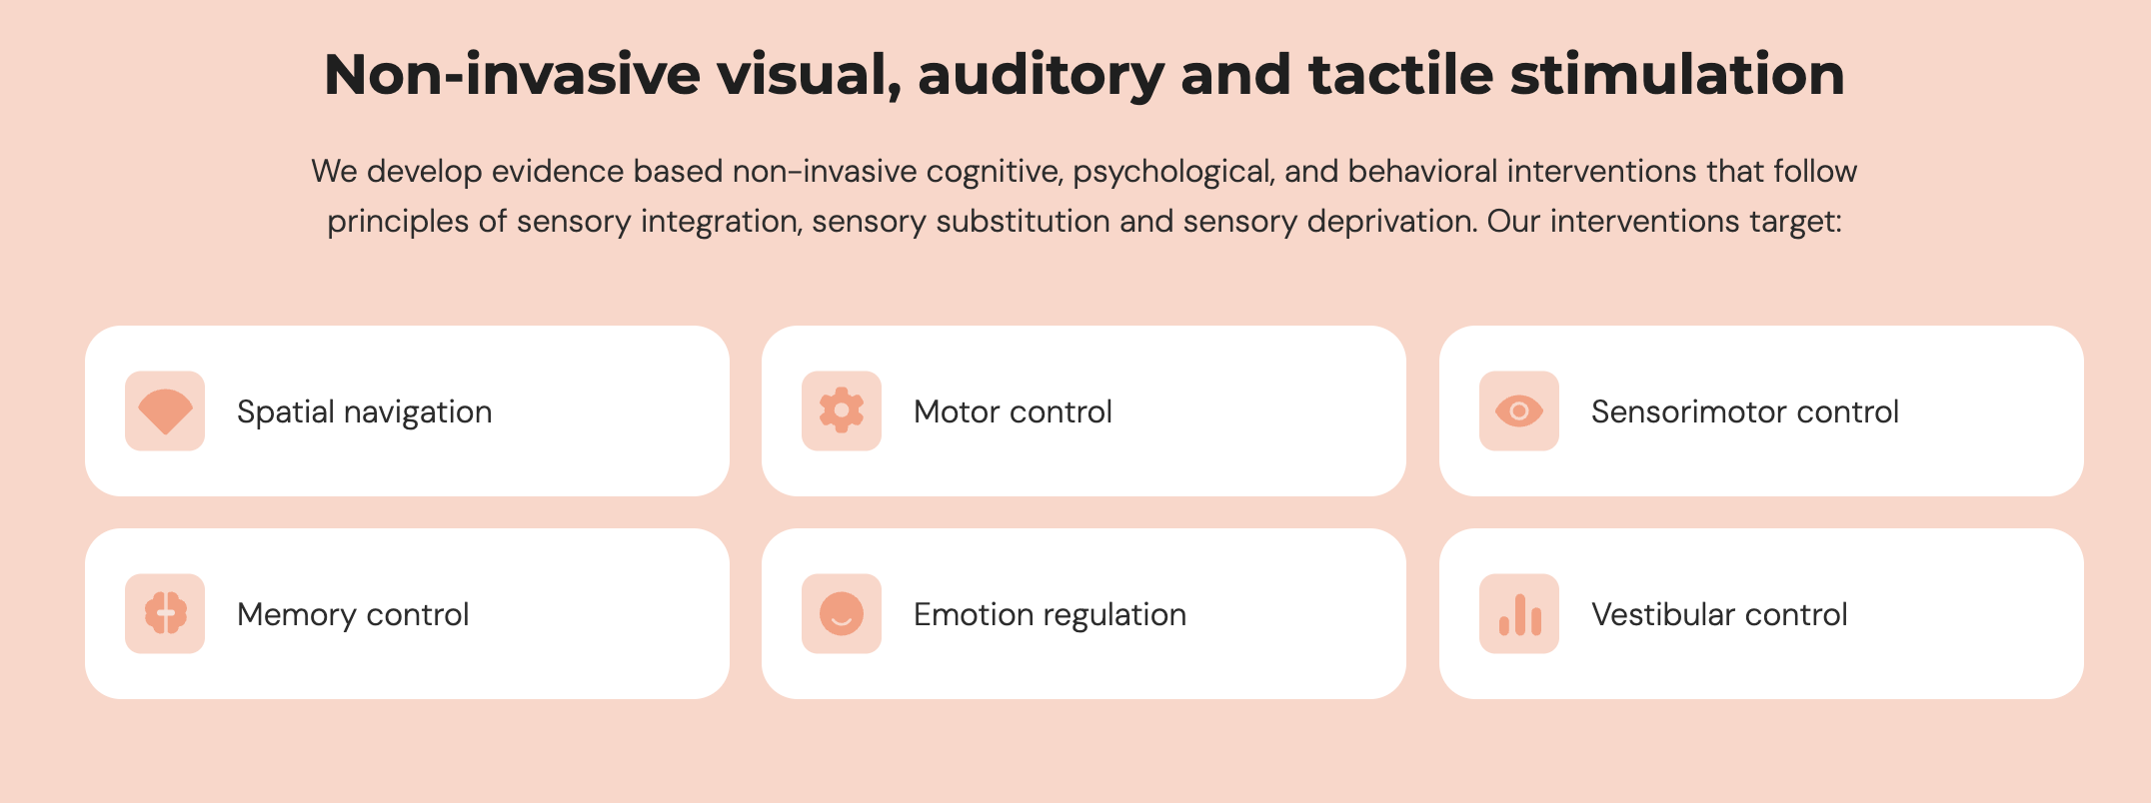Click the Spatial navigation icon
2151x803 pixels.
click(165, 411)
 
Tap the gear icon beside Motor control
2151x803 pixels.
click(842, 410)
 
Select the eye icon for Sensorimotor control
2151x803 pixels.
click(1519, 410)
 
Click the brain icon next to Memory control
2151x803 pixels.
click(166, 613)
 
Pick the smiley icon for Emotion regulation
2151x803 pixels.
click(842, 613)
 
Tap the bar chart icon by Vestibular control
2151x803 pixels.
click(1519, 614)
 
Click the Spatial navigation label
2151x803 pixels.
click(365, 412)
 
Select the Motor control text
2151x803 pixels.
click(1013, 411)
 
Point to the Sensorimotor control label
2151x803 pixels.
click(1745, 411)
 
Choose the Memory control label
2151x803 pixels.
click(353, 614)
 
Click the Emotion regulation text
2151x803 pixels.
click(1051, 615)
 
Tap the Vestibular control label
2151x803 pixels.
click(1719, 614)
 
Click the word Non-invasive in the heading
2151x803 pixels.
click(512, 74)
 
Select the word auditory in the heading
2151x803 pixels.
click(1041, 76)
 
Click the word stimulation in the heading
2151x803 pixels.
click(1677, 74)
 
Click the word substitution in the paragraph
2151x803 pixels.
click(1023, 221)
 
